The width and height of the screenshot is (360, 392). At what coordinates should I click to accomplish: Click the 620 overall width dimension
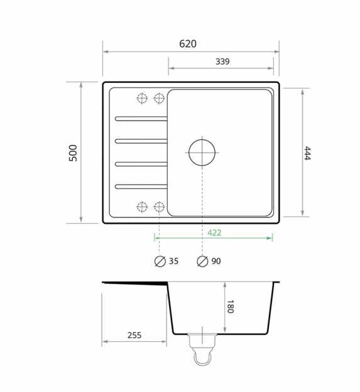coord(187,44)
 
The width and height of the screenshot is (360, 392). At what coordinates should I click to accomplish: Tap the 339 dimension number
coord(222,62)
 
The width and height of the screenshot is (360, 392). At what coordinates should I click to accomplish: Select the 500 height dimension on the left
coord(73,153)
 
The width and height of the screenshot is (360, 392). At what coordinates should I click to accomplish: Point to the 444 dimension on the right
coord(307,153)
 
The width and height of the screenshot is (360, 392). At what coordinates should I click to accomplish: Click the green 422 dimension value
coord(214,232)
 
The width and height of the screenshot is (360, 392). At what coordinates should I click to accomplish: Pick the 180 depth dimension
coord(230,307)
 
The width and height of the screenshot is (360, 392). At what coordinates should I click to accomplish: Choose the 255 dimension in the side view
coord(134,335)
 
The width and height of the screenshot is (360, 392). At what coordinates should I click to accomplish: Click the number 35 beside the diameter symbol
coord(174,261)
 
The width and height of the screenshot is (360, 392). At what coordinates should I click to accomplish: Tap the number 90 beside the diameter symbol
coord(216,261)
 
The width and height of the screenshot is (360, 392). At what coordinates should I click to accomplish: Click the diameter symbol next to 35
coord(160,261)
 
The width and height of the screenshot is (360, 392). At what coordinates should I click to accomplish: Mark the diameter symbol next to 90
coord(202,261)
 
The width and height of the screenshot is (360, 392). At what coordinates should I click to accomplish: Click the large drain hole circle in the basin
coord(202,152)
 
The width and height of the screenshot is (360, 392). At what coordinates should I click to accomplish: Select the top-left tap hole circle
coord(142,98)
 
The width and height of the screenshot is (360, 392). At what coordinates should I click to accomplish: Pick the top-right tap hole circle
coord(159,98)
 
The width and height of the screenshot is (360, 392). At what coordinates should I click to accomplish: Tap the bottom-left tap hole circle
coord(142,206)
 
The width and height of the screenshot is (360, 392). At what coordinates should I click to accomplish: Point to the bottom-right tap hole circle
coord(159,206)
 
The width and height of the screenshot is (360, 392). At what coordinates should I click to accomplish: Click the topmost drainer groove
coord(141,118)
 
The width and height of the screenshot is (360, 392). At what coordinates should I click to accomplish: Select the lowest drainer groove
coord(141,186)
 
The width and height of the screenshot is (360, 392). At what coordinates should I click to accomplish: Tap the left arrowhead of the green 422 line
coord(156,238)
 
